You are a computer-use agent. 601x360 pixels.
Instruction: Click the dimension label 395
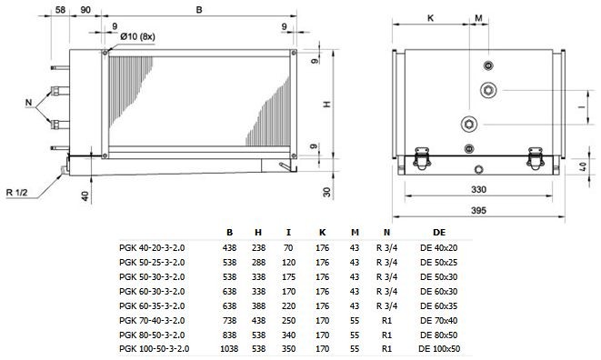(478, 211)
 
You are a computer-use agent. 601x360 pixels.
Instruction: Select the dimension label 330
(478, 189)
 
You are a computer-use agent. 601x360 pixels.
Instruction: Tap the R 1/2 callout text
(17, 192)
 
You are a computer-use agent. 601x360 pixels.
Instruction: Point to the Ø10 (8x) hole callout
(137, 36)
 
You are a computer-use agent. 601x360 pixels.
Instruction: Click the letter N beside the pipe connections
(29, 103)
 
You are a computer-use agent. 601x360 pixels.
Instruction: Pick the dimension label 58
(60, 10)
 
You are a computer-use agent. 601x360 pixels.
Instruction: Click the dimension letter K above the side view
(430, 18)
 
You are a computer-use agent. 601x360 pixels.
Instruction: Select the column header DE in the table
(439, 233)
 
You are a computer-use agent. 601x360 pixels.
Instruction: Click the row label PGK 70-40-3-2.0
(152, 321)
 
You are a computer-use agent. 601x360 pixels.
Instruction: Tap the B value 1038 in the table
(229, 349)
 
